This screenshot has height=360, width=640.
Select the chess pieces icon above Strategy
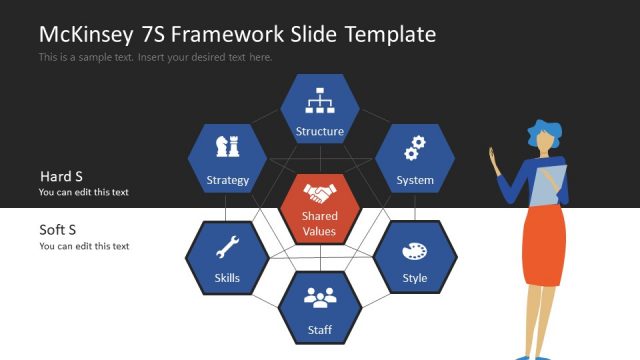click(x=227, y=148)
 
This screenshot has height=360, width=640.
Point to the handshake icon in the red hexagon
click(x=320, y=192)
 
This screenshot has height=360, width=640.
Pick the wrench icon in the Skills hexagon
click(x=227, y=247)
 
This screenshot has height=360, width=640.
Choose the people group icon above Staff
click(x=320, y=297)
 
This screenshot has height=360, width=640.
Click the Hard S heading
click(x=61, y=176)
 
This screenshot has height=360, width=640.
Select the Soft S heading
click(x=58, y=229)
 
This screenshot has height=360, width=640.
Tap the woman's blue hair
click(x=545, y=131)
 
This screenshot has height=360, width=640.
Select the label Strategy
click(x=227, y=181)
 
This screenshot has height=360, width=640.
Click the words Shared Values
click(x=320, y=223)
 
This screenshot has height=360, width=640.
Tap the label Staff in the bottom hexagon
click(x=320, y=329)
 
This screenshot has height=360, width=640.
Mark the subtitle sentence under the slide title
click(x=155, y=57)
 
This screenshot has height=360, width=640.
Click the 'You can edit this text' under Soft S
click(x=84, y=246)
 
